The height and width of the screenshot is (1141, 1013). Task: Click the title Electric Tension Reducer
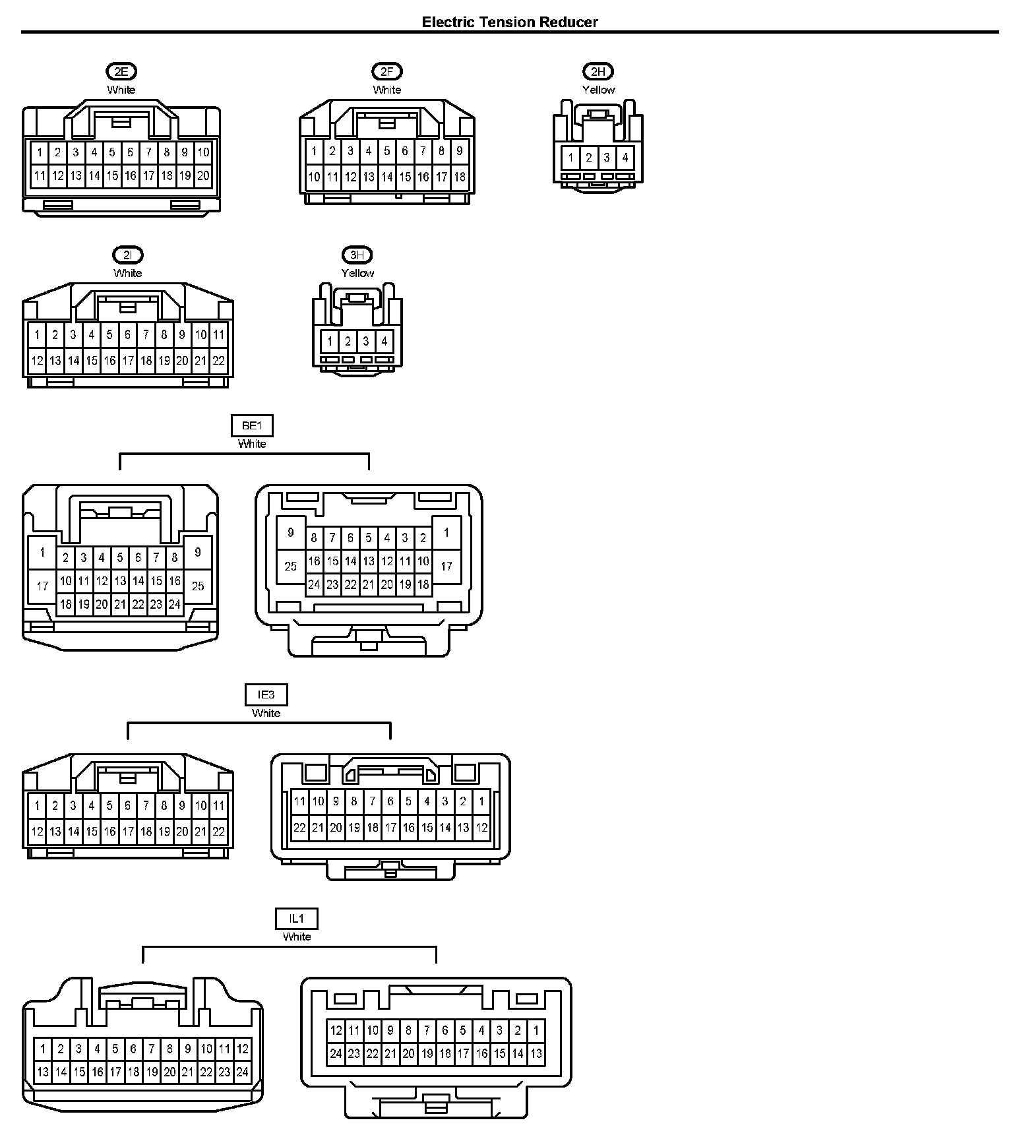(510, 22)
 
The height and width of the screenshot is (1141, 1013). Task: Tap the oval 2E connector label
(121, 71)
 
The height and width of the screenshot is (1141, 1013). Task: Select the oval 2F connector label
(386, 71)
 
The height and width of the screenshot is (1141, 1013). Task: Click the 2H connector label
(598, 71)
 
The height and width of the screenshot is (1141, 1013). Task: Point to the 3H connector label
(357, 255)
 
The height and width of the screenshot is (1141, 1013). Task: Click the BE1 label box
(252, 425)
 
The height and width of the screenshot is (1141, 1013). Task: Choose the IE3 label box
(266, 694)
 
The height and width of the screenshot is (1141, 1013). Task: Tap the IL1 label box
(297, 918)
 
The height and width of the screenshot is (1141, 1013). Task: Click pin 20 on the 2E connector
(203, 175)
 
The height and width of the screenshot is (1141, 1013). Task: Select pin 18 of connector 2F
(460, 177)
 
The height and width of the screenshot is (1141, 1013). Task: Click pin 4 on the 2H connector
(625, 158)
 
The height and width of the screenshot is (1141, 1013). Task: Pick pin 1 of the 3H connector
(330, 342)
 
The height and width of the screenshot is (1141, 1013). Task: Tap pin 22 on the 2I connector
(218, 361)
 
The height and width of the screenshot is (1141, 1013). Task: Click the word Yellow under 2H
(598, 90)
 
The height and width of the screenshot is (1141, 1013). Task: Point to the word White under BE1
(252, 444)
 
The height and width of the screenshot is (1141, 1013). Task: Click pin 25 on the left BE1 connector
(198, 586)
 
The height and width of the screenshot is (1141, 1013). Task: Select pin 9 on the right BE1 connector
(291, 532)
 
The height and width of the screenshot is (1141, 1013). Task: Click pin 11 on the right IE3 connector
(299, 801)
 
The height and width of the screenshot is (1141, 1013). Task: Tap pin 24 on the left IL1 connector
(243, 1072)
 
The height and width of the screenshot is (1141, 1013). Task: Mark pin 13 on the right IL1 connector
(536, 1053)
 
